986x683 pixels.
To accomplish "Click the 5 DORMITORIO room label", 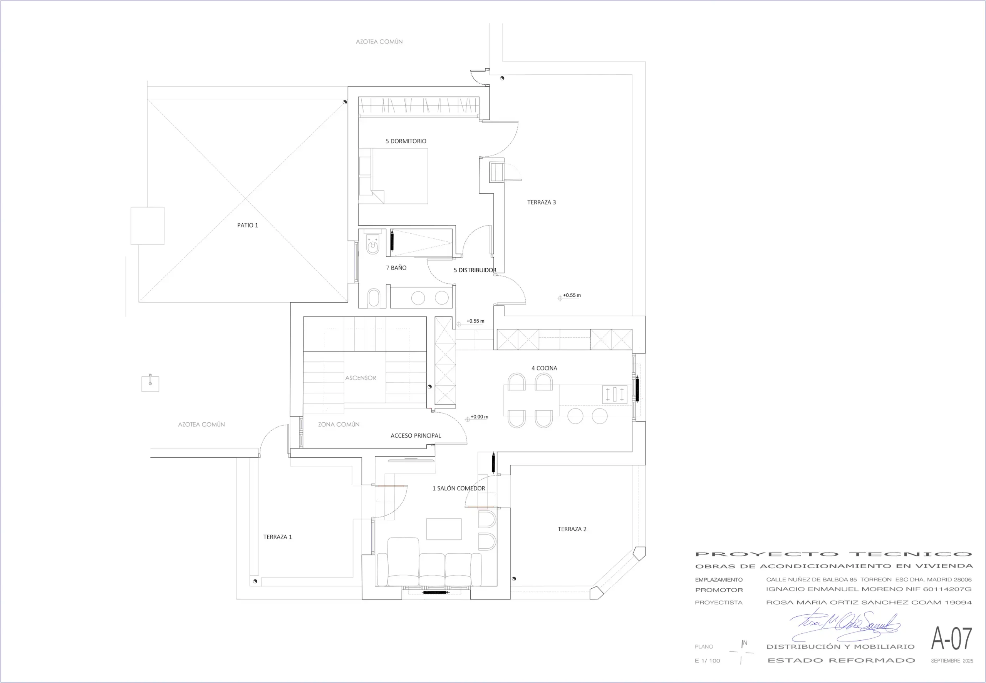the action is point(406,141).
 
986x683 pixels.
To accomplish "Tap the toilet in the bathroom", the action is point(373,243).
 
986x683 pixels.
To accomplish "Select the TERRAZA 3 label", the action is point(541,203).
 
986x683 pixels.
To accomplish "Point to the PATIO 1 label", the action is point(248,225).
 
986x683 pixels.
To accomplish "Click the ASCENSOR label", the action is point(361,378).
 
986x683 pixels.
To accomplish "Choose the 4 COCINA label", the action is point(544,368).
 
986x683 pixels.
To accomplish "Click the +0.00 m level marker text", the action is point(479,417).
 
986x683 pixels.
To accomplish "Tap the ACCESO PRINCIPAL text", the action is point(415,436).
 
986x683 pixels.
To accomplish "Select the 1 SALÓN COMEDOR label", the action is point(459,488).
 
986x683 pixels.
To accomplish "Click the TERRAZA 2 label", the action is point(572,529).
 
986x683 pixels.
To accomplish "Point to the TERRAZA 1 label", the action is point(277,537).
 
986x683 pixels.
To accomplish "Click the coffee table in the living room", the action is point(444,529).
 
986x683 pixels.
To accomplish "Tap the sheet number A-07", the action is point(951,638).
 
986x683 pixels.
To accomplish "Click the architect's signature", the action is point(845,625).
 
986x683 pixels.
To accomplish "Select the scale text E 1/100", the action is point(707,661).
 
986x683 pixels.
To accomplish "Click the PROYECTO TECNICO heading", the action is point(833,554).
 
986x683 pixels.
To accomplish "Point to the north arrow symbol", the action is point(741,652).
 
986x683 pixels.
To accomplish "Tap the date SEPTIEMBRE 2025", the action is point(952,661).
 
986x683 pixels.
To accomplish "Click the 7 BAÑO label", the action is point(396,268).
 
